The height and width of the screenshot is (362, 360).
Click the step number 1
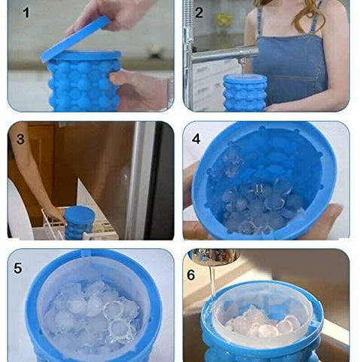(26, 14)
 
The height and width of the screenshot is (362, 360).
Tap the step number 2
(199, 13)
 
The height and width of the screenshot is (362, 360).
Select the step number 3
(20, 139)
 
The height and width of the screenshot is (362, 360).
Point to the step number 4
(196, 139)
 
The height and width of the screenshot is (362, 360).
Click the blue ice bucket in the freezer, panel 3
(78, 222)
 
